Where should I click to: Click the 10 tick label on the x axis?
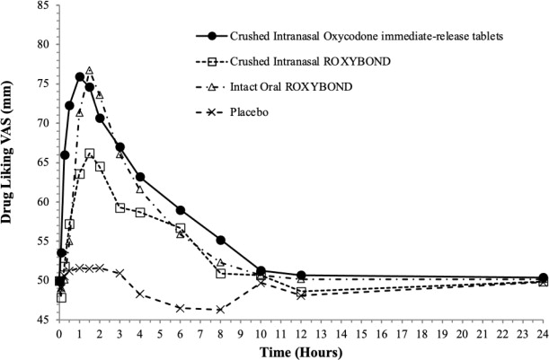coord(261,331)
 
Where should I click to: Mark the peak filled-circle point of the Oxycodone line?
coord(80,77)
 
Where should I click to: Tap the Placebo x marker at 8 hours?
coord(220,310)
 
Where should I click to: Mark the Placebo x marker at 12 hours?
coord(301,295)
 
